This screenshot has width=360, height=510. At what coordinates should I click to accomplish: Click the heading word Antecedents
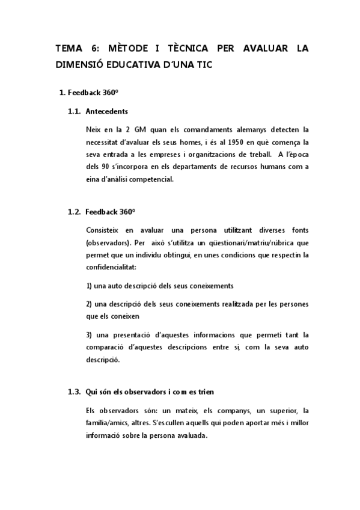[x=107, y=111]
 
